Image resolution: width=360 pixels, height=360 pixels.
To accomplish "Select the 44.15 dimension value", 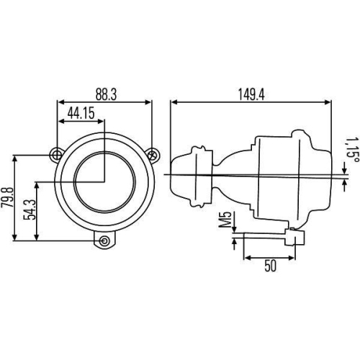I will (x=84, y=113).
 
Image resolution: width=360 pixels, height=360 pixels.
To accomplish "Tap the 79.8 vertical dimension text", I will (x=9, y=197).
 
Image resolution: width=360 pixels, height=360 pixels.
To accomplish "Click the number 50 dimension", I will (x=271, y=266).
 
